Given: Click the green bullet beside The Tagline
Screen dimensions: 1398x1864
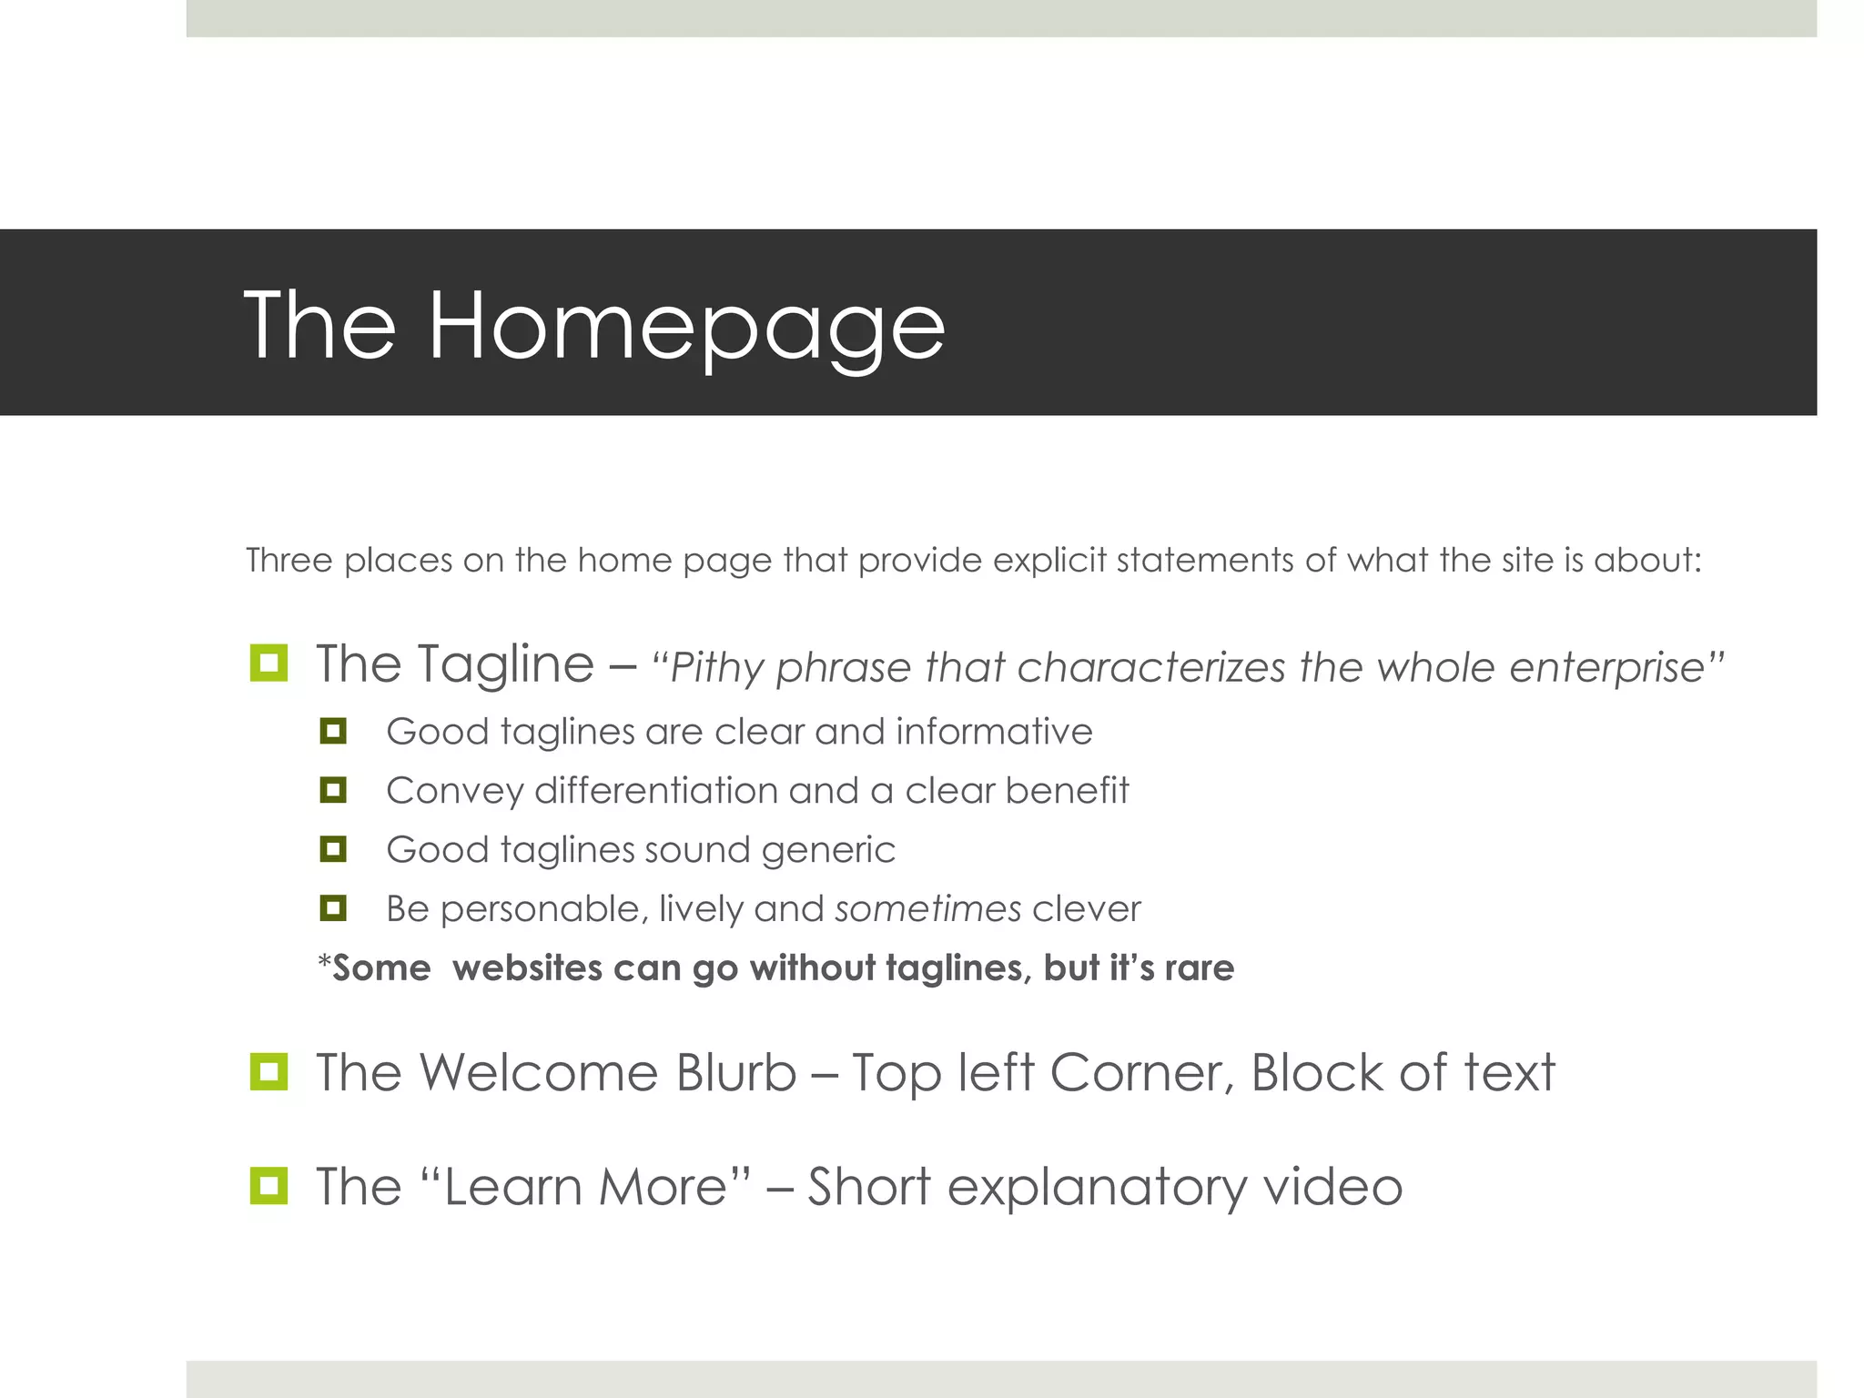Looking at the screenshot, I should (x=268, y=663).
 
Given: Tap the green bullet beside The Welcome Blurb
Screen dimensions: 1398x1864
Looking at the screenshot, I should (x=268, y=1071).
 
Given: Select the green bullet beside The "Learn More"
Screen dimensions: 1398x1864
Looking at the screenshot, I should (x=268, y=1185).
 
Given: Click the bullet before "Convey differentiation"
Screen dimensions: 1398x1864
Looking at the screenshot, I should (x=333, y=790).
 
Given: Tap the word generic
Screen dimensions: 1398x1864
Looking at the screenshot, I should (x=828, y=850).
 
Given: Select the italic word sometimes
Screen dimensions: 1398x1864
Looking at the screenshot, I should (x=928, y=908).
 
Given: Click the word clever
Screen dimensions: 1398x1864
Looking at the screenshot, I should (x=1087, y=908).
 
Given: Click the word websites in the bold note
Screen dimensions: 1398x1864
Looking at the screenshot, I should (x=527, y=967).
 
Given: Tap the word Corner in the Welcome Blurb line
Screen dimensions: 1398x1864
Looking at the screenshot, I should (x=1143, y=1072).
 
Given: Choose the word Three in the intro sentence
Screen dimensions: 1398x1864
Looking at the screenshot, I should (x=289, y=560).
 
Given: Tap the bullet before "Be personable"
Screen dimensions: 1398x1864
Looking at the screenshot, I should (x=333, y=908).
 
